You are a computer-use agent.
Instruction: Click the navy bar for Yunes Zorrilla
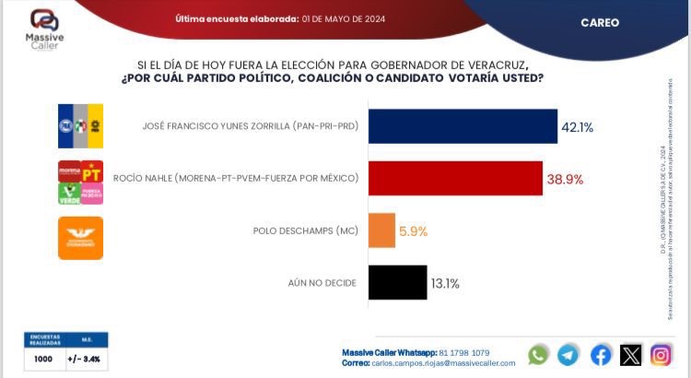click(x=463, y=125)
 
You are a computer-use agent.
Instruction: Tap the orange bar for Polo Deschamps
click(x=381, y=230)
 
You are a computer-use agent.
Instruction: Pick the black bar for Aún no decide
click(x=397, y=283)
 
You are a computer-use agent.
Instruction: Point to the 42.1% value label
click(x=578, y=126)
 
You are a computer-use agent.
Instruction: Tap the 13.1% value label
click(x=445, y=284)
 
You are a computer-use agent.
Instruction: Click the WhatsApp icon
click(x=539, y=355)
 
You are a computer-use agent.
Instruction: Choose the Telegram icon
click(x=569, y=355)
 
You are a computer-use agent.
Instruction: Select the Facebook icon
click(x=600, y=355)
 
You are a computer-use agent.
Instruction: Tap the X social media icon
click(x=630, y=355)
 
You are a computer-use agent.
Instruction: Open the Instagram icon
click(x=661, y=355)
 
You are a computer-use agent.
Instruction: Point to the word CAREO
click(x=600, y=22)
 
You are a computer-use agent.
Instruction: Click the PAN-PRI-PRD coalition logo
click(x=80, y=125)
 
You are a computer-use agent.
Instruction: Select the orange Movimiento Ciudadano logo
click(x=80, y=238)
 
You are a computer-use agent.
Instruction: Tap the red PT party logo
click(x=91, y=171)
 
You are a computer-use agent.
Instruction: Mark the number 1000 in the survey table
click(x=43, y=358)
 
